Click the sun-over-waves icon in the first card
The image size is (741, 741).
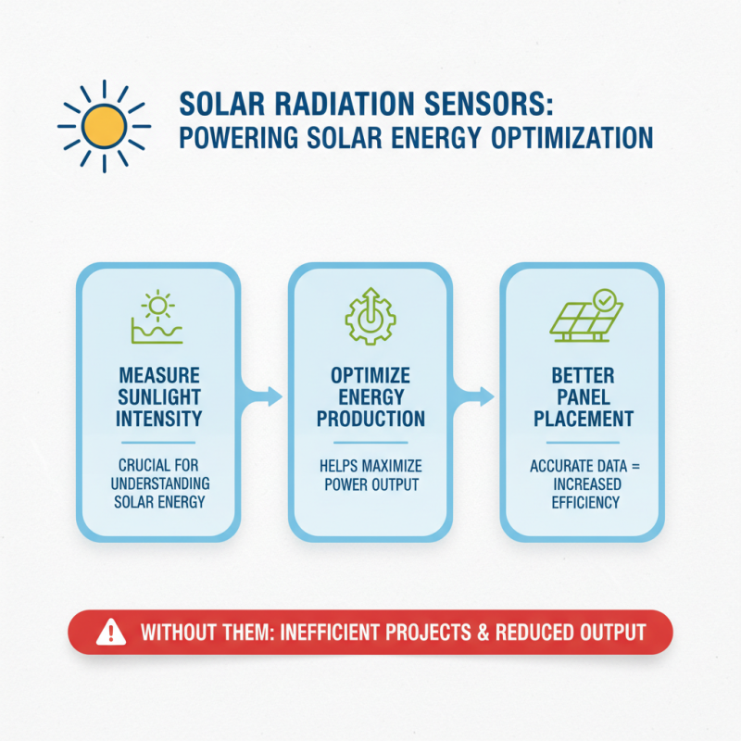point(158,316)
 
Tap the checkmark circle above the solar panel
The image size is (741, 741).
point(605,299)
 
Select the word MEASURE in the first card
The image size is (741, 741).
point(159,377)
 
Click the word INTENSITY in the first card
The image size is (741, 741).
point(159,419)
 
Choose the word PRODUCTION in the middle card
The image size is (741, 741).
point(370,419)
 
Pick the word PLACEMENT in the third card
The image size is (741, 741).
point(583,419)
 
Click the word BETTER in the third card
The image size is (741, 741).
point(583,377)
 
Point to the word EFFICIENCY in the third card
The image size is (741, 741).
point(583,502)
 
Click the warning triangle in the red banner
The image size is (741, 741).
point(110,634)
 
